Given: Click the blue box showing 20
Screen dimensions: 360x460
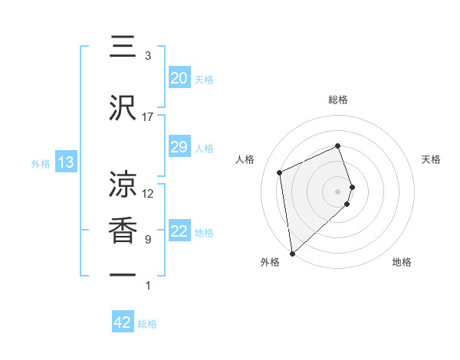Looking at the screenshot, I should [x=179, y=78].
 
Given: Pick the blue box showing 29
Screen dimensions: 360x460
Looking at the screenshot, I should [x=179, y=147].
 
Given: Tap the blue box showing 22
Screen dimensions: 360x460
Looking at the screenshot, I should [x=179, y=231].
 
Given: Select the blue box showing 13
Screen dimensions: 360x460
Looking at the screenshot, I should [x=65, y=162].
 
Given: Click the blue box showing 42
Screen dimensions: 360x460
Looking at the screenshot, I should [x=123, y=322].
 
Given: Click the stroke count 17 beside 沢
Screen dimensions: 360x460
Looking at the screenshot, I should [x=148, y=117].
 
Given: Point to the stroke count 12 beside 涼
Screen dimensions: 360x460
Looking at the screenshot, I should [x=148, y=194].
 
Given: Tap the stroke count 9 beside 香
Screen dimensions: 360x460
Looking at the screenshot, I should [x=148, y=240].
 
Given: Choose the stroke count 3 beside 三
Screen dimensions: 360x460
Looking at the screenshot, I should [x=148, y=56].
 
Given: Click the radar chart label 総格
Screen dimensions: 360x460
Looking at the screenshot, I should [x=338, y=100].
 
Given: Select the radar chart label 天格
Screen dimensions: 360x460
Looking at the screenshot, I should [x=431, y=159].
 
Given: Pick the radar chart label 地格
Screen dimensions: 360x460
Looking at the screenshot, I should [x=402, y=262].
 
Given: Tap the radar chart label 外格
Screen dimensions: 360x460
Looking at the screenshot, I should [x=270, y=262].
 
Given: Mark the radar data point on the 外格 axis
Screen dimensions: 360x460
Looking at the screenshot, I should [x=292, y=253].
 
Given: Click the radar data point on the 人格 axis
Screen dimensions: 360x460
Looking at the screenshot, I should [x=280, y=172].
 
